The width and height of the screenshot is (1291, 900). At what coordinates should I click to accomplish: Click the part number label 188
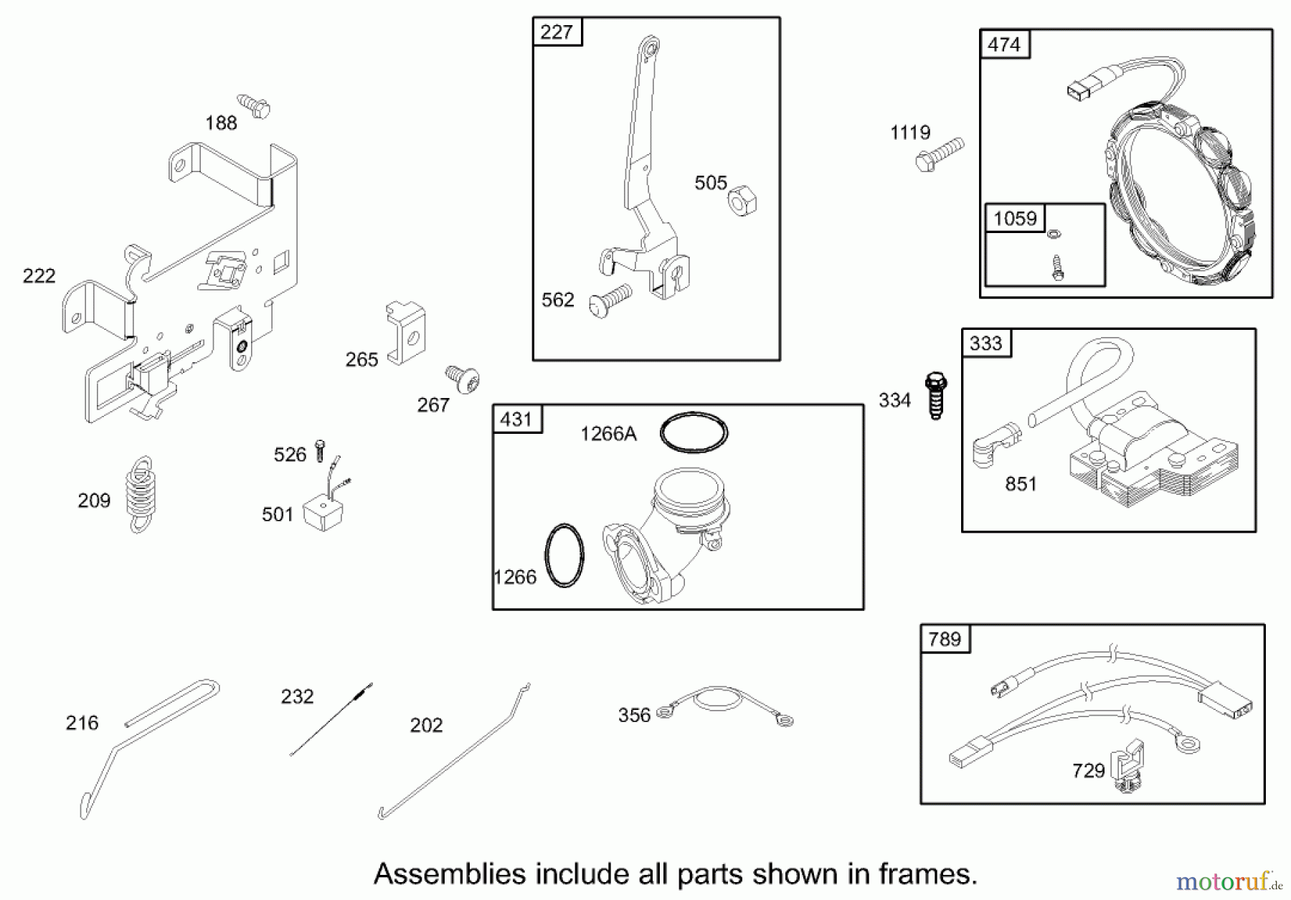(221, 123)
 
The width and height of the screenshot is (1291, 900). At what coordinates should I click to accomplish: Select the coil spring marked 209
(141, 495)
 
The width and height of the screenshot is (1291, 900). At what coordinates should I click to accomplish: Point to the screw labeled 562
(610, 300)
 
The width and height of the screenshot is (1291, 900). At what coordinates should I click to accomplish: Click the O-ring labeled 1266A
(694, 432)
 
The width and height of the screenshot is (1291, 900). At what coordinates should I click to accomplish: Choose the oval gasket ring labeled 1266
(564, 556)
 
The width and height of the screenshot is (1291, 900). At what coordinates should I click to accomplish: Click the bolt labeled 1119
(940, 154)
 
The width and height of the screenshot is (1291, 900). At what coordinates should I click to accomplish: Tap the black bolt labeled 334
(936, 395)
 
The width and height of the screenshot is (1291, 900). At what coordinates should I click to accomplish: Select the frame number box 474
(1004, 44)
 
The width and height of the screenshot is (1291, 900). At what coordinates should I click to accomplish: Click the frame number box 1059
(1015, 219)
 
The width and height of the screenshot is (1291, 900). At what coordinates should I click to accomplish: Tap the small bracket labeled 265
(406, 333)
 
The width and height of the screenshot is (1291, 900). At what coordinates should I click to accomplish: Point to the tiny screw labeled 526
(320, 450)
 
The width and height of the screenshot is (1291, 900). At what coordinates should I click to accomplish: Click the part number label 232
(297, 696)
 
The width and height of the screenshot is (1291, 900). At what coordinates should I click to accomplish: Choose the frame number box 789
(945, 639)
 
